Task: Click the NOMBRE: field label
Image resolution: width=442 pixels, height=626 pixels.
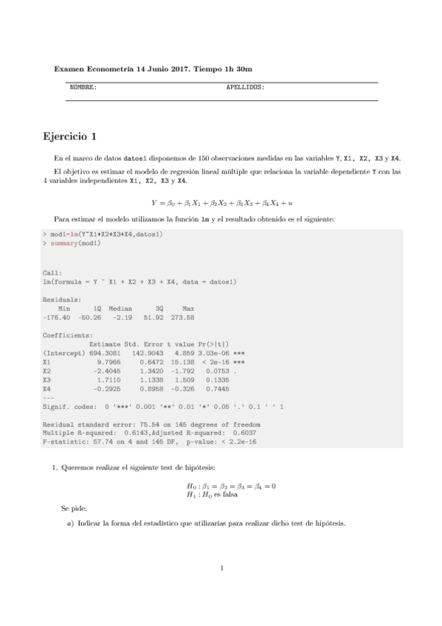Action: [x=83, y=88]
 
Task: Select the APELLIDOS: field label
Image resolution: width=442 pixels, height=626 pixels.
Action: [x=245, y=88]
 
